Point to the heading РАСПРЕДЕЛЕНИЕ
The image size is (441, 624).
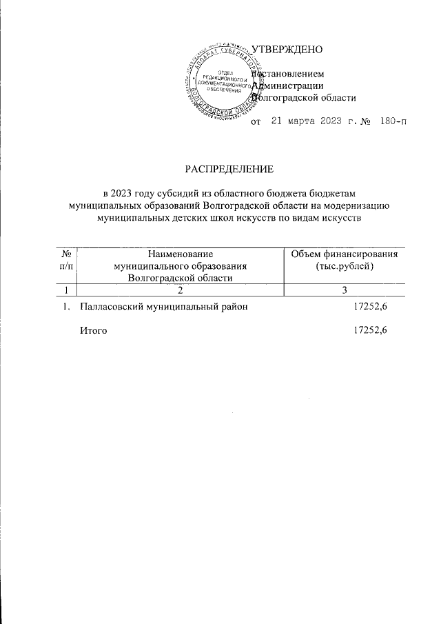pyautogui.click(x=229, y=168)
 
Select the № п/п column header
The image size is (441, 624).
pyautogui.click(x=68, y=260)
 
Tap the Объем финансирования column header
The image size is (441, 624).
pyautogui.click(x=343, y=254)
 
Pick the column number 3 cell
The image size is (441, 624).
pyautogui.click(x=343, y=290)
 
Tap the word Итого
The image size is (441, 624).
pyautogui.click(x=94, y=330)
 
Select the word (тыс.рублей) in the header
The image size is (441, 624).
pyautogui.click(x=343, y=265)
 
